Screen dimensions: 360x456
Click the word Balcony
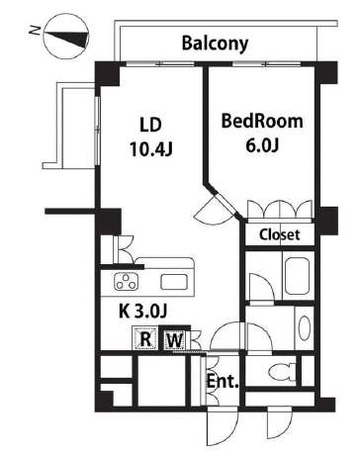tap(215, 44)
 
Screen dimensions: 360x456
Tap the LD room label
tap(151, 126)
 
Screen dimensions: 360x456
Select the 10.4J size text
tap(151, 149)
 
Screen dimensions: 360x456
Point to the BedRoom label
tap(262, 121)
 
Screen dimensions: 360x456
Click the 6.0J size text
tap(262, 145)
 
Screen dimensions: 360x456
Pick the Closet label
tap(280, 234)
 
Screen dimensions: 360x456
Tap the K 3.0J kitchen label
tap(143, 311)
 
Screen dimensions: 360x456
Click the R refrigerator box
tap(145, 338)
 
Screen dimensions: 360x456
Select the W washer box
tap(175, 339)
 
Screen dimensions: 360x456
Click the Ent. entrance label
tap(223, 382)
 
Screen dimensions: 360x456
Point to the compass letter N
tap(35, 31)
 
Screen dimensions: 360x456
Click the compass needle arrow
tap(67, 37)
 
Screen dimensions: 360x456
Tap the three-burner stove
tap(127, 282)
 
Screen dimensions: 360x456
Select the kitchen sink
tap(174, 282)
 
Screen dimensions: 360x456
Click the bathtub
tap(298, 276)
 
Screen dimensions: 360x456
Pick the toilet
tap(283, 372)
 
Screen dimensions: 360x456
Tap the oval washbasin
tap(305, 327)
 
